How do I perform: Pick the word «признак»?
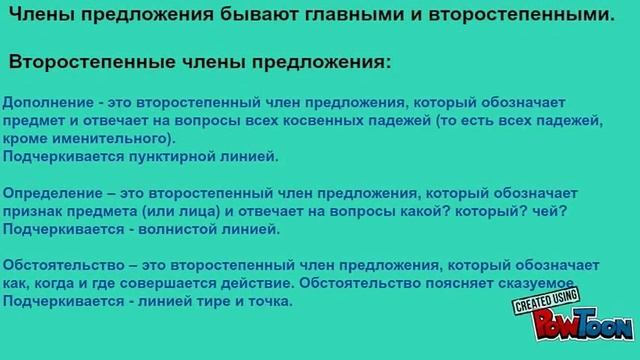tap(33, 211)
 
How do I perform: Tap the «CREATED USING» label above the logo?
tap(546, 301)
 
